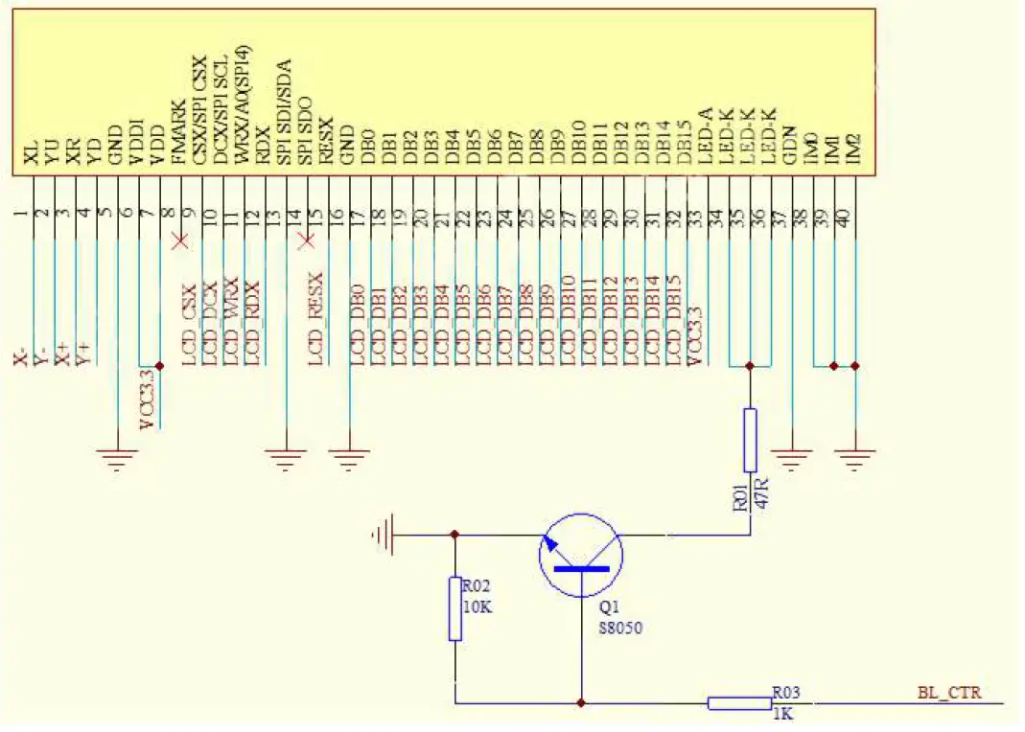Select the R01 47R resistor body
[x=750, y=440]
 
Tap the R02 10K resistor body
[x=455, y=607]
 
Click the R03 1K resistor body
[x=739, y=703]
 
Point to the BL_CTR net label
[x=949, y=692]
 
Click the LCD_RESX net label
[x=315, y=317]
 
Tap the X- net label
[x=20, y=358]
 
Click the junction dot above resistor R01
[x=750, y=365]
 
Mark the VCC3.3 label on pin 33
[x=696, y=335]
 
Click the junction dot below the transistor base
[x=581, y=703]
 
